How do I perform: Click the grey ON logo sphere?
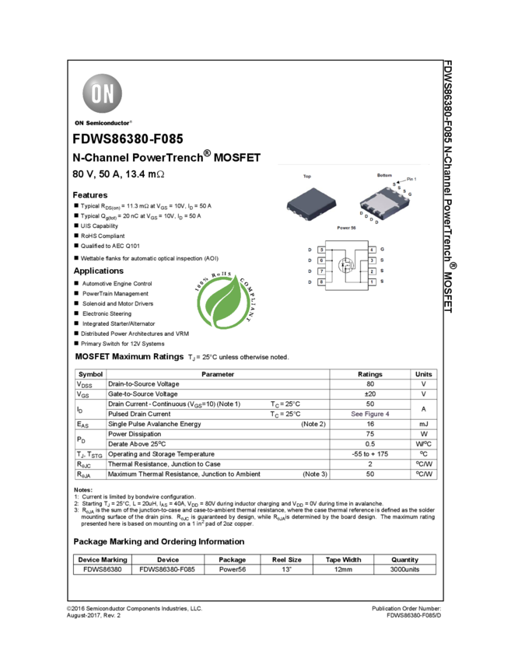coord(103,94)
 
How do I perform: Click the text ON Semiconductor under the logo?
coord(103,122)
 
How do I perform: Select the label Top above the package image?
coord(307,177)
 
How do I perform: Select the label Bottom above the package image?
coord(384,176)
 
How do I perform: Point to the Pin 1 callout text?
coord(411,180)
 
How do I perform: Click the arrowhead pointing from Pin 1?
coord(398,181)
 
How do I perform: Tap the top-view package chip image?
coord(311,202)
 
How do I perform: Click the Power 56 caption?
coord(346,228)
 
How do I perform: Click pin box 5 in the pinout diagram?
coord(321,250)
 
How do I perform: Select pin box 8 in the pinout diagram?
coord(321,282)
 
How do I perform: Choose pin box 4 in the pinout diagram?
coord(372,250)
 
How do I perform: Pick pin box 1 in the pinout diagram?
coord(372,282)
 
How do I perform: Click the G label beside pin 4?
coord(383,250)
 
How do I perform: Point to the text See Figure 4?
coord(370,414)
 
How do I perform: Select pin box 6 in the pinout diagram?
coord(321,261)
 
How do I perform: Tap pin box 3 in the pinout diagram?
coord(372,261)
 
